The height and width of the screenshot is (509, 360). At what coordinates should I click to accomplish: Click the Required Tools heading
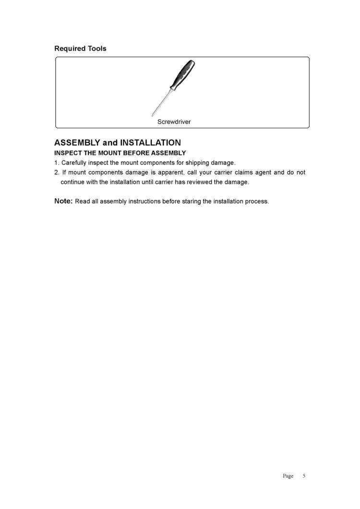coord(80,48)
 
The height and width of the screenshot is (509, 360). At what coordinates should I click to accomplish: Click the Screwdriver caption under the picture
coord(174,122)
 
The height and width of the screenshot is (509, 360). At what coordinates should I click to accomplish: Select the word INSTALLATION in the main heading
coord(150,142)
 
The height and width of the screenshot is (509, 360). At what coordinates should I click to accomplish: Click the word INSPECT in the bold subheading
coord(68,153)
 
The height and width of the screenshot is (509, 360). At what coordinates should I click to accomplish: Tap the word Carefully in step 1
coord(75,163)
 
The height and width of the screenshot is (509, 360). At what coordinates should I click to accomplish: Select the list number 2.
coord(56,172)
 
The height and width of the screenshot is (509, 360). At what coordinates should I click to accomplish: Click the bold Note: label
coord(63,201)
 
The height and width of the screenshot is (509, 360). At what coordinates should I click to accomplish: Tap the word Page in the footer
coord(288,476)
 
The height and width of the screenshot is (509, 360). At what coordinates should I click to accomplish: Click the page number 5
coord(304,476)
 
